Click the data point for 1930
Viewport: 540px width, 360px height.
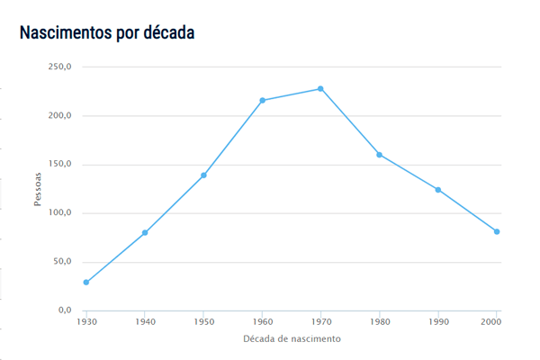point(86,283)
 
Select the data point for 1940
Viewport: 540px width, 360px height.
point(145,233)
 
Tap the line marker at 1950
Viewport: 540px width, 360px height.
point(203,175)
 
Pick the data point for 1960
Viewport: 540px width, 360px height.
point(262,101)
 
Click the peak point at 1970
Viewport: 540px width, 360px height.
point(320,89)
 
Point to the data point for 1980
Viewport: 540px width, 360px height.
point(379,155)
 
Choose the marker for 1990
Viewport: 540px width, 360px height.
point(438,190)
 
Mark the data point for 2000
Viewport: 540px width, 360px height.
point(497,232)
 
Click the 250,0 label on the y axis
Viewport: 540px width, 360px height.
point(60,67)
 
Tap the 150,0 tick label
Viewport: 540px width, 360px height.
point(60,165)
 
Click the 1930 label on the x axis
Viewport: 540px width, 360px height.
point(86,321)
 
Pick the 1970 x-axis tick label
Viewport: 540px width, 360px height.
point(320,321)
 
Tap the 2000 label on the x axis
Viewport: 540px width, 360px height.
point(492,321)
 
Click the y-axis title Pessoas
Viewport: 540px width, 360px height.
point(39,189)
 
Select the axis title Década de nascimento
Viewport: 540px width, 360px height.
point(292,339)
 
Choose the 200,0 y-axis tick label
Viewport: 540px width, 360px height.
point(60,116)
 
